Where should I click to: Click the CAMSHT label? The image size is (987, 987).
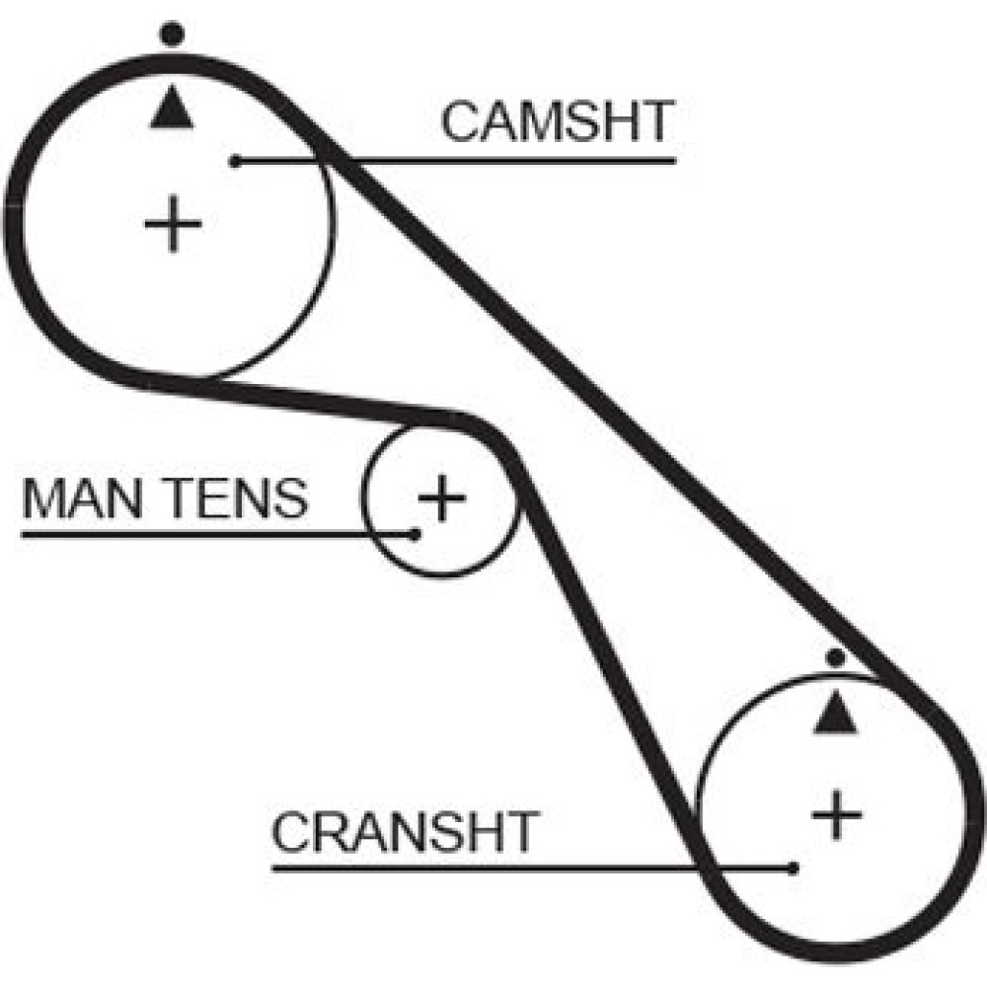(x=556, y=122)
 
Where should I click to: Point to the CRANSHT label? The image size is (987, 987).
(x=405, y=833)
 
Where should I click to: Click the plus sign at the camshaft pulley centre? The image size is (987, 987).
(x=173, y=225)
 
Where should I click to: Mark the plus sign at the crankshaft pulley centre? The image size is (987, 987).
(x=837, y=814)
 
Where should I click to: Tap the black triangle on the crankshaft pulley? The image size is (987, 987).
(x=835, y=713)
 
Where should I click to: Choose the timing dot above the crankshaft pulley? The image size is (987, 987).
(x=836, y=656)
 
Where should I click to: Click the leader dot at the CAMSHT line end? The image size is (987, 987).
(x=236, y=161)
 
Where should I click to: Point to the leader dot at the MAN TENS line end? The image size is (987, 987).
(x=417, y=534)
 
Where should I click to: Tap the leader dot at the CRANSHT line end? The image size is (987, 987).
(x=794, y=869)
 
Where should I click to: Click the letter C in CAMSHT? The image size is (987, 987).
(x=461, y=122)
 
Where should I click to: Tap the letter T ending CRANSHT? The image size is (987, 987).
(x=520, y=833)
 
